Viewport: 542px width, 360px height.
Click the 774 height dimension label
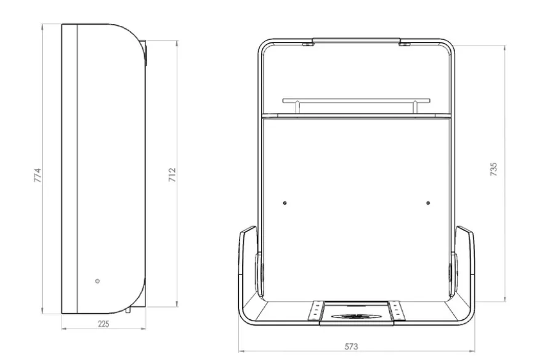pyautogui.click(x=38, y=175)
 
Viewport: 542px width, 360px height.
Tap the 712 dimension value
pyautogui.click(x=172, y=175)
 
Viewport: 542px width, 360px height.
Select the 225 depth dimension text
pyautogui.click(x=103, y=324)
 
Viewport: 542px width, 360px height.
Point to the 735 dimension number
pyautogui.click(x=493, y=170)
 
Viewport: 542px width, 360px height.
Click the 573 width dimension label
pyautogui.click(x=351, y=346)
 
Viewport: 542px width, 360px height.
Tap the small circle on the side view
pyautogui.click(x=97, y=281)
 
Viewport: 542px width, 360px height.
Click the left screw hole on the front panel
pyautogui.click(x=285, y=203)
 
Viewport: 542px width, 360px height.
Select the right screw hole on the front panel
pyautogui.click(x=428, y=203)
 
